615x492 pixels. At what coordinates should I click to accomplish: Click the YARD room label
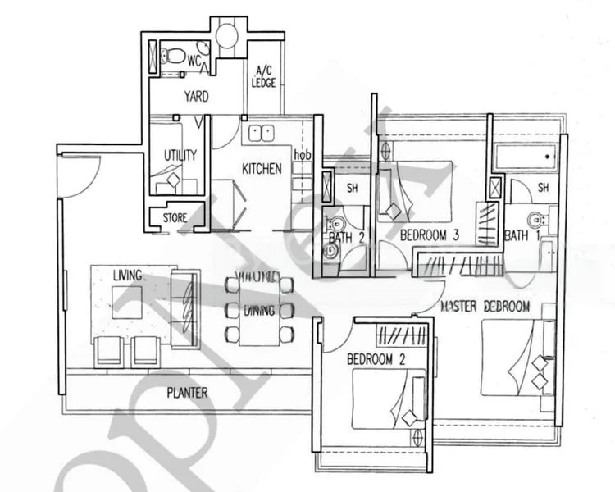[196, 97]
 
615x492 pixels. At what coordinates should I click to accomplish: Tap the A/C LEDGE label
[264, 76]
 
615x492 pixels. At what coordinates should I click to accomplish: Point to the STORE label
[175, 219]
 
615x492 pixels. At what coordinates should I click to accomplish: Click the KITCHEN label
[262, 169]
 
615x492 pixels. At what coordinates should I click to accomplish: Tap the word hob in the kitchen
[303, 155]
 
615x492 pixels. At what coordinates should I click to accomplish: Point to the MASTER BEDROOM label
[485, 307]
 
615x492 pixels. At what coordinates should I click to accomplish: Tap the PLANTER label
[188, 393]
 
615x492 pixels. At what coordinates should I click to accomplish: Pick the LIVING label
[128, 275]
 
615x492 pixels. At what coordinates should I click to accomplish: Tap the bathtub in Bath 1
[526, 156]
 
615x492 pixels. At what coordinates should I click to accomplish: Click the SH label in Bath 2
[352, 188]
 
